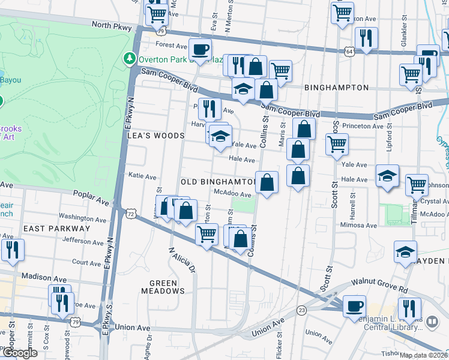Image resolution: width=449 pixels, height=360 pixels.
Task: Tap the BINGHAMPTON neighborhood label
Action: pyautogui.click(x=336, y=88)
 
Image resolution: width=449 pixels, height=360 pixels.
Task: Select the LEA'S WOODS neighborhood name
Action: pyautogui.click(x=156, y=136)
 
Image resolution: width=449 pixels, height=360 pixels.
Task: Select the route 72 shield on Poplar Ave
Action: pyautogui.click(x=131, y=213)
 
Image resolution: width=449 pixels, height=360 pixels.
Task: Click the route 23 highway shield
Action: pyautogui.click(x=301, y=310)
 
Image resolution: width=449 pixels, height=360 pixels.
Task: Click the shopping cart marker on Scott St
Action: pyautogui.click(x=337, y=143)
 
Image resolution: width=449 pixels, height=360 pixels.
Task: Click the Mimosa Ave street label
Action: pyautogui.click(x=358, y=226)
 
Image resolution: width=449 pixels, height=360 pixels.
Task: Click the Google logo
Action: pyautogui.click(x=20, y=353)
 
